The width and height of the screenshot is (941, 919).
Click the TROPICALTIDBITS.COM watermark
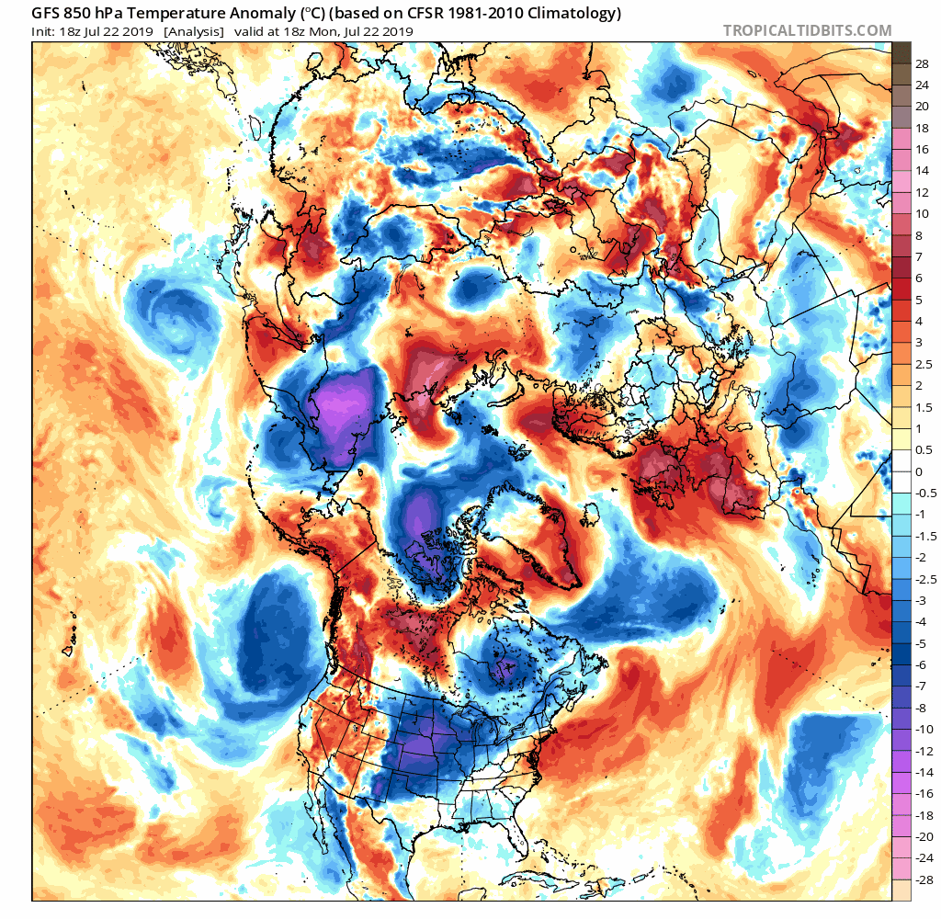pyautogui.click(x=807, y=30)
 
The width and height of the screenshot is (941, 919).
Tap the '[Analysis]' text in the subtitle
pyautogui.click(x=193, y=31)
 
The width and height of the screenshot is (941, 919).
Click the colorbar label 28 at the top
pyautogui.click(x=923, y=63)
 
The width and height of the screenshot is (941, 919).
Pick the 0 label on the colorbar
pyautogui.click(x=919, y=471)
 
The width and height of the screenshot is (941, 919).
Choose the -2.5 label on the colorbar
pyautogui.click(x=926, y=578)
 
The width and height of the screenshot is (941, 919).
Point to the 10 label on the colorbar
pyautogui.click(x=923, y=213)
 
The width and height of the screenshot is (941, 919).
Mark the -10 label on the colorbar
pyautogui.click(x=925, y=729)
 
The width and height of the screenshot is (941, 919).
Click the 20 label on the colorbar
pyautogui.click(x=923, y=107)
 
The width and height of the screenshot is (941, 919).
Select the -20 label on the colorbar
pyautogui.click(x=925, y=836)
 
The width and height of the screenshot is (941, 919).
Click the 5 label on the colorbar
pyautogui.click(x=919, y=300)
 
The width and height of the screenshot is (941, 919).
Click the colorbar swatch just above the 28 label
pyautogui.click(x=901, y=52)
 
